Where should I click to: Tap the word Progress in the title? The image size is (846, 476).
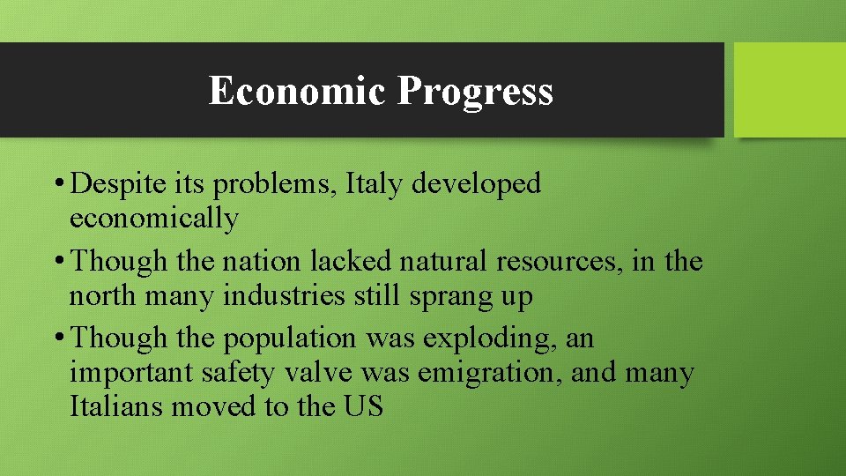pos(475,92)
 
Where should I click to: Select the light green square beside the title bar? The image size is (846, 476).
pos(789,90)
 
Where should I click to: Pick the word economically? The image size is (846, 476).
pos(153,219)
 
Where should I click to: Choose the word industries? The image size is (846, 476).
pos(284,296)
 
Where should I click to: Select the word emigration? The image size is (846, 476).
pos(489,374)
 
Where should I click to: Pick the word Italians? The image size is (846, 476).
pos(116,406)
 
